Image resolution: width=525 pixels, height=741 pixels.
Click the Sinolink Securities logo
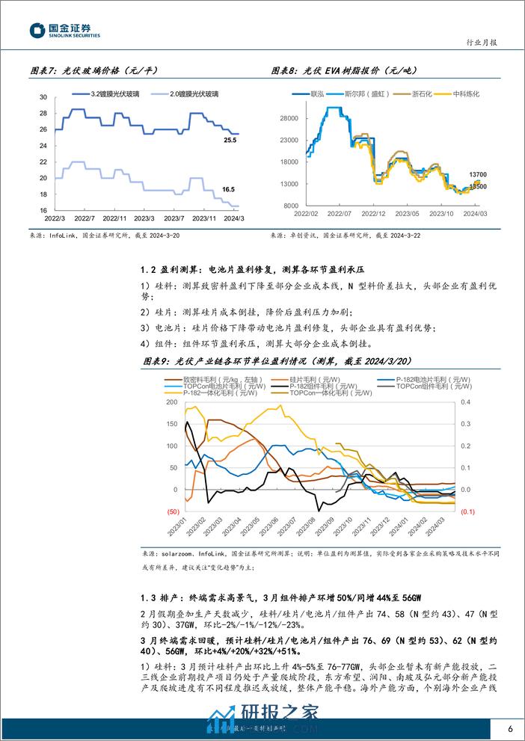click(x=65, y=30)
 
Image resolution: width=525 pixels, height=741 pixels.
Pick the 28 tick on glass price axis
click(x=43, y=114)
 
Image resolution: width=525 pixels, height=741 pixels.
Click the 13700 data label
click(x=478, y=174)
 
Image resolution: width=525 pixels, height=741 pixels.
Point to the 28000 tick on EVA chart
click(x=290, y=118)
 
